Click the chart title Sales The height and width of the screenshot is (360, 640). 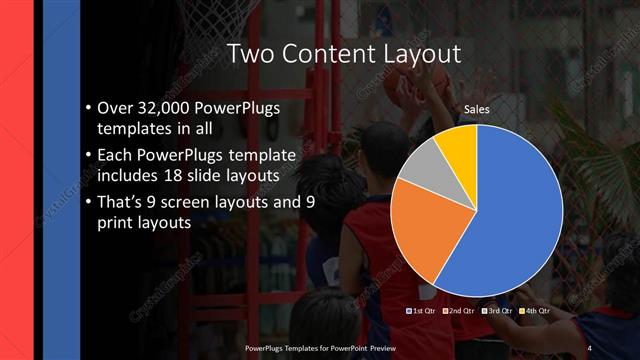point(477,109)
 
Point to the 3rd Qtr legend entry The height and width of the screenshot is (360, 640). point(497,311)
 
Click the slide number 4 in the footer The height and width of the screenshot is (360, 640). point(589,347)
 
